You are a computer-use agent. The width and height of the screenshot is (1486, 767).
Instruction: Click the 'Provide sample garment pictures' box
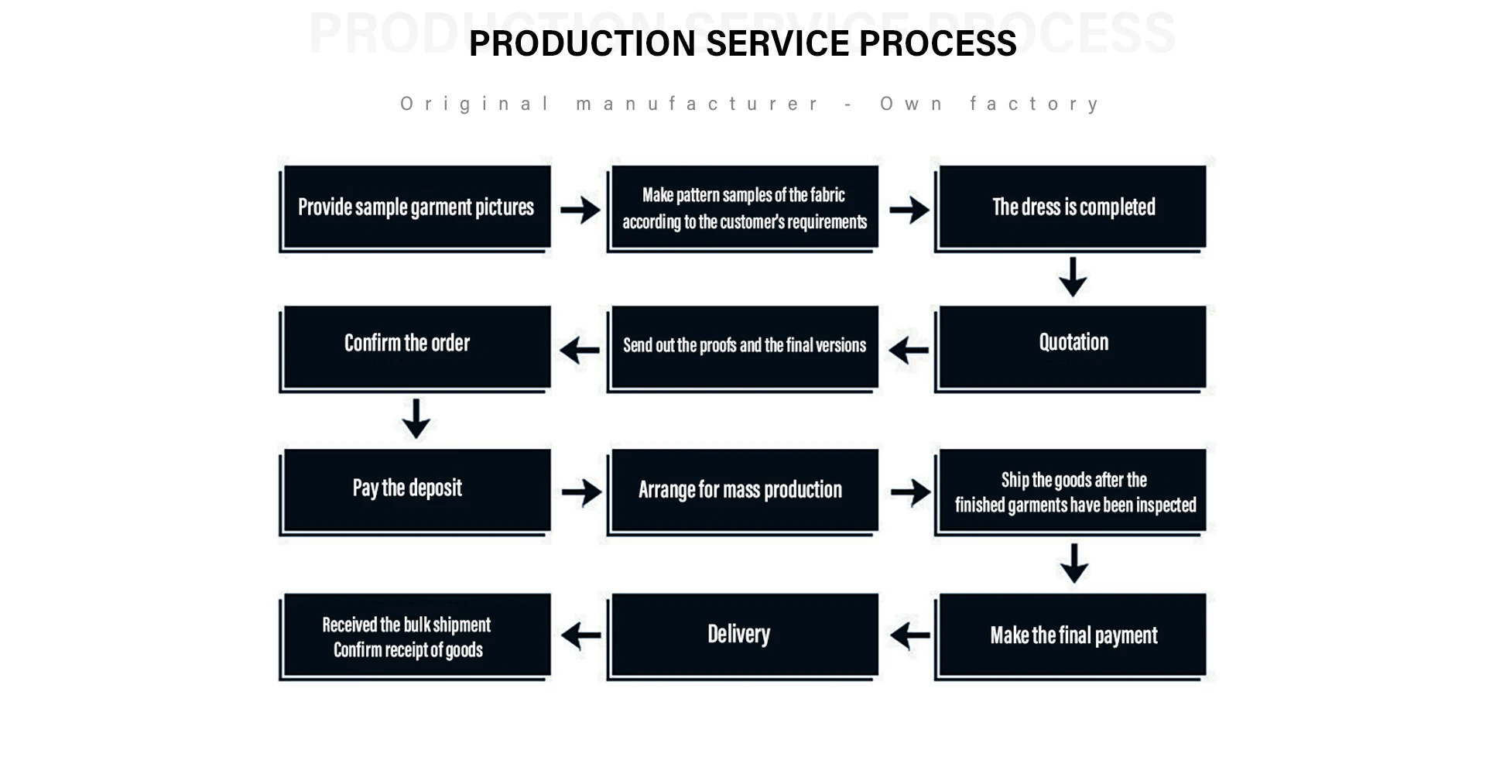(x=416, y=207)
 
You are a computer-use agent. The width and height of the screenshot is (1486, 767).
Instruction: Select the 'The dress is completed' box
(x=1071, y=207)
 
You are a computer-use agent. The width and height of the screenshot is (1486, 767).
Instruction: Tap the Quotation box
(x=1071, y=348)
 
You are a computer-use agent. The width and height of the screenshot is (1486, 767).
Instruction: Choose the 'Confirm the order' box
(x=416, y=348)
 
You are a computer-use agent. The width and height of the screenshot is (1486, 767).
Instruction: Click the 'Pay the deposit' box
(x=416, y=491)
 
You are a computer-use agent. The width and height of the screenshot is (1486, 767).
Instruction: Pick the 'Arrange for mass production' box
(x=743, y=491)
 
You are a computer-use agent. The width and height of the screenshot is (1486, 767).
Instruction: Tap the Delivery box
(x=743, y=636)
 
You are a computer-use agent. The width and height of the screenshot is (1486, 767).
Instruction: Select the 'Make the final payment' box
(x=1071, y=636)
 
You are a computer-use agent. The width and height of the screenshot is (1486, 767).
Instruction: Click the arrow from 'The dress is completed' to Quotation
(x=1073, y=277)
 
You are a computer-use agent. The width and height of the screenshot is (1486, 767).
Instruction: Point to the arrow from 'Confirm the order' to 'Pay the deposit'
(x=416, y=419)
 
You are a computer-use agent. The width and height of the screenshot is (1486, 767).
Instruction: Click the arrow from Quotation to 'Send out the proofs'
(x=909, y=350)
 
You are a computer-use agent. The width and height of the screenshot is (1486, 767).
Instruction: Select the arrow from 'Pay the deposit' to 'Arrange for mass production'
(x=581, y=492)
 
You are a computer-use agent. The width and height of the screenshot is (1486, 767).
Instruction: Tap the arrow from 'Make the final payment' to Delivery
(x=909, y=636)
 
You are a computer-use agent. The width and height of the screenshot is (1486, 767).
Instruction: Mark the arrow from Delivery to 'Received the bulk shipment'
(x=581, y=636)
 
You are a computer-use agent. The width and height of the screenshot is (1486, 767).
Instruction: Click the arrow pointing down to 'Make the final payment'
(x=1074, y=563)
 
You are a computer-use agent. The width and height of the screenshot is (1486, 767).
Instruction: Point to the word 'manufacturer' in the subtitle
(x=697, y=104)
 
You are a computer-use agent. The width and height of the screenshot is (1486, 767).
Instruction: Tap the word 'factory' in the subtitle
(x=1034, y=104)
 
